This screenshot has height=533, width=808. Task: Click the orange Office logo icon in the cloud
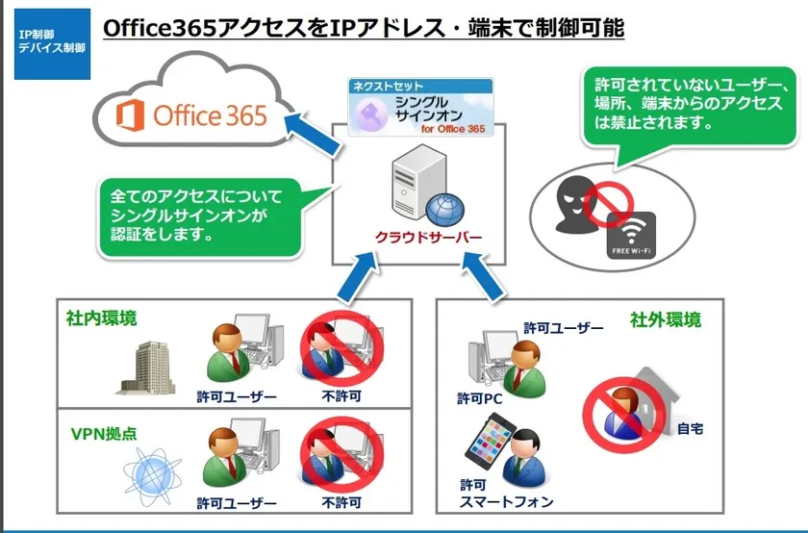(130, 114)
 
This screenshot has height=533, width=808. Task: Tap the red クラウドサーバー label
(428, 237)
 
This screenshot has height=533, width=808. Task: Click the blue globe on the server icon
(444, 210)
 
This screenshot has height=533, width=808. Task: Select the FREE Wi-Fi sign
(631, 236)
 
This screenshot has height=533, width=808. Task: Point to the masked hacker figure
(576, 204)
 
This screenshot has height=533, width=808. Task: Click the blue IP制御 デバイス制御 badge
(52, 44)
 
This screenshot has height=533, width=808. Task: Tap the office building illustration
(146, 368)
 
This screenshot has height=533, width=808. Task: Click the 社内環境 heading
(102, 318)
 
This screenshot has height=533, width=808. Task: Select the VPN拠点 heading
(104, 434)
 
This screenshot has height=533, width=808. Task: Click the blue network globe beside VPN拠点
(152, 476)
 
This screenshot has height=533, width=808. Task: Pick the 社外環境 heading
(666, 319)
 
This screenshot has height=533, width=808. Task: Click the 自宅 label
(690, 428)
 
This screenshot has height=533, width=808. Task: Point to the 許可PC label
(480, 398)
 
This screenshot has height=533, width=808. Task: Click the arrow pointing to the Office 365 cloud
(313, 134)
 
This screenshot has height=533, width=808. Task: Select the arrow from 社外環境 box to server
(483, 276)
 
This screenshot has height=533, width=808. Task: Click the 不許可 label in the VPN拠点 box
(341, 502)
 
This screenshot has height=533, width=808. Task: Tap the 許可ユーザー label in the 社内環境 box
(237, 396)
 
